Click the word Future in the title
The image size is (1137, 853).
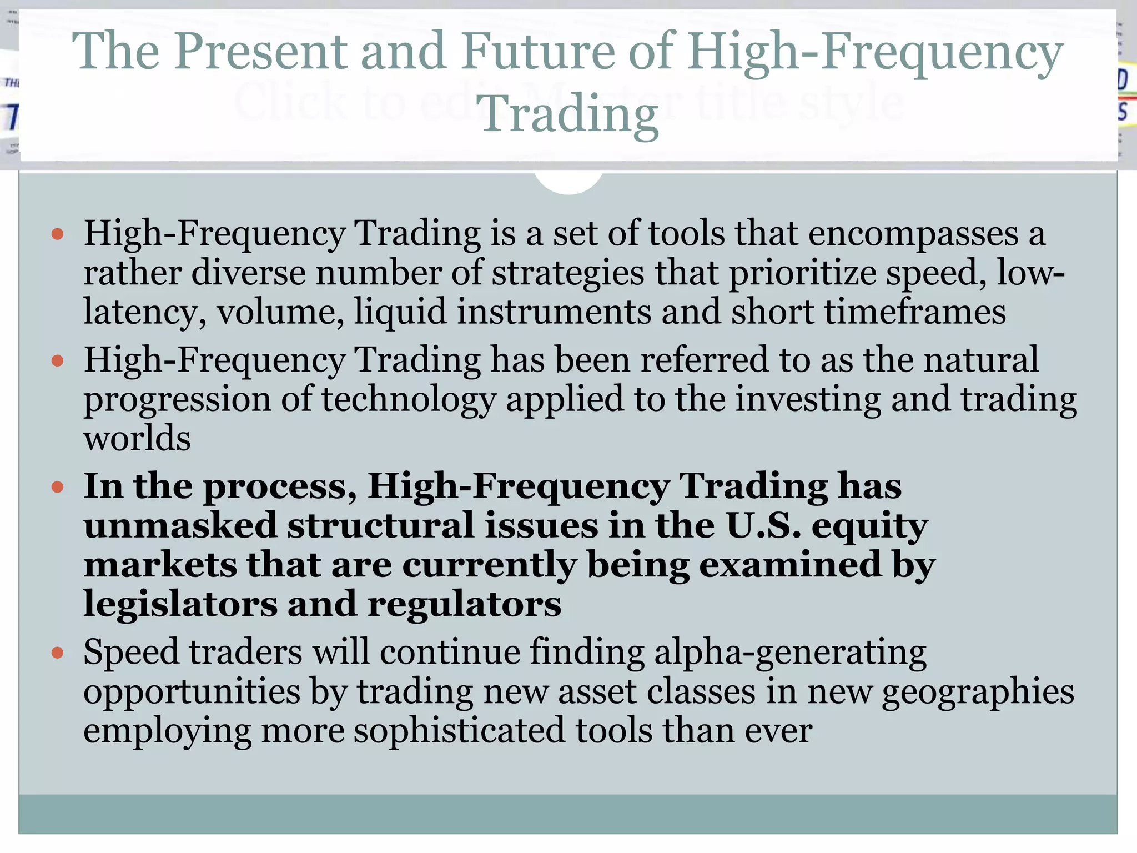click(538, 51)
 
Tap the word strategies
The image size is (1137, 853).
click(567, 273)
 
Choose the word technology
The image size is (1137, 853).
click(409, 399)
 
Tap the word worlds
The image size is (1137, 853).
click(137, 438)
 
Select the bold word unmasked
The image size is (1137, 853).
click(180, 525)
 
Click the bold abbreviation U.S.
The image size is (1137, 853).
click(763, 525)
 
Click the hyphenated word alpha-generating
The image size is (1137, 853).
click(790, 653)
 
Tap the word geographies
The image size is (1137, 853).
click(978, 693)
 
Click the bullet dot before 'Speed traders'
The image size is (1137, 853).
click(57, 653)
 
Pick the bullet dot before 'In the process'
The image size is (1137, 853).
click(57, 488)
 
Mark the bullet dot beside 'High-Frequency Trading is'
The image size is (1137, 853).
click(57, 234)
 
